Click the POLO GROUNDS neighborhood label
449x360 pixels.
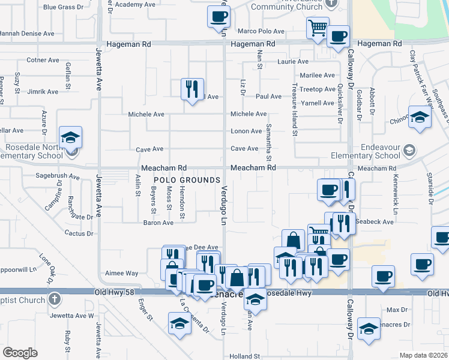187,180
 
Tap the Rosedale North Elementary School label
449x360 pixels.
34,151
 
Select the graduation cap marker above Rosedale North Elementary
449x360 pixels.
70,137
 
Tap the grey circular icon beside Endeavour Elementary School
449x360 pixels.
409,149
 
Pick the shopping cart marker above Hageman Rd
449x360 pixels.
317,27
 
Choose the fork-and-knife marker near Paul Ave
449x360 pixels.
193,89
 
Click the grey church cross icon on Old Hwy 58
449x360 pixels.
55,298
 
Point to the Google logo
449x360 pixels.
20,353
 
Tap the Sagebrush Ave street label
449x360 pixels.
58,177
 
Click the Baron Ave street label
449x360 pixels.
158,223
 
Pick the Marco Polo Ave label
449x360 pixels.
261,31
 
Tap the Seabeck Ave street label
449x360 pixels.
374,221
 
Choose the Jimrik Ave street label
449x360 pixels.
43,92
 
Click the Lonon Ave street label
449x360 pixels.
247,131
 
